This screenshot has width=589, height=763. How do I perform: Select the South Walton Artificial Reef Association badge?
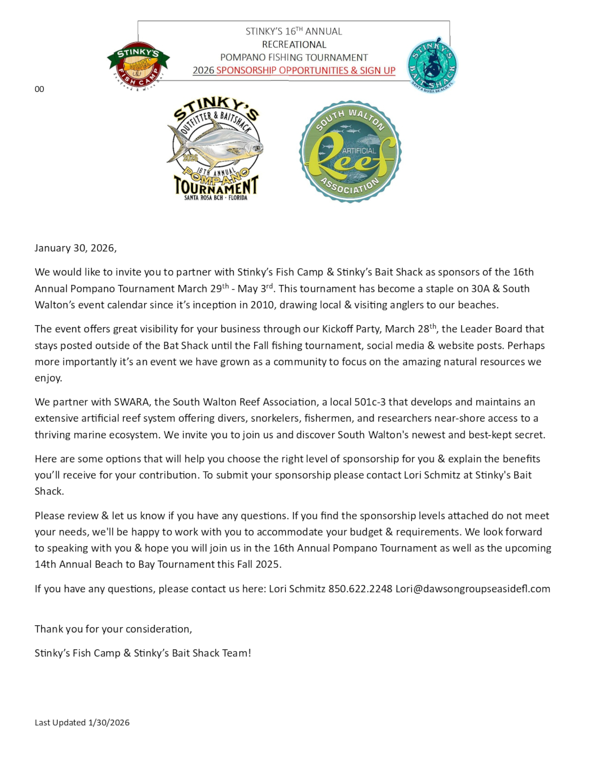coord(350,151)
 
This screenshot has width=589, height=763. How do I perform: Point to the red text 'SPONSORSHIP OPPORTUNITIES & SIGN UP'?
coord(305,70)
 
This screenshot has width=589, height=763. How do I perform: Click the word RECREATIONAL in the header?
coord(294,44)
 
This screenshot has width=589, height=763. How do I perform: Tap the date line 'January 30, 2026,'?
coord(76,248)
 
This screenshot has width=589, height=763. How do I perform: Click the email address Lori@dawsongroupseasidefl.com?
coord(473,589)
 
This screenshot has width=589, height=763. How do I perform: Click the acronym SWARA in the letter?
coord(132,402)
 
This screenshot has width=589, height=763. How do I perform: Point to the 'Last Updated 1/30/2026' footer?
coord(82,722)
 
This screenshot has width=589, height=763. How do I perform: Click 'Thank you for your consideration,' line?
coord(113,629)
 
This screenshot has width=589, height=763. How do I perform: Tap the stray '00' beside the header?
coord(39,89)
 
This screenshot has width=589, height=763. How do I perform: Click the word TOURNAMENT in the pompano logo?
coord(216,186)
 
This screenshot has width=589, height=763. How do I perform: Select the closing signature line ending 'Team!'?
coord(143,653)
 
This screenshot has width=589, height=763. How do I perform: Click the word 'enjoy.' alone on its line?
coord(48,378)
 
